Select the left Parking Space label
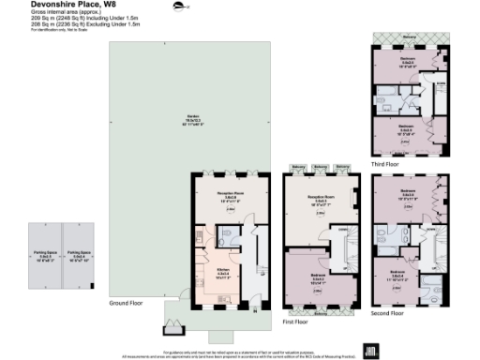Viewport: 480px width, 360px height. point(44,252)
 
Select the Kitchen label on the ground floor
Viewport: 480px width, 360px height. point(211,272)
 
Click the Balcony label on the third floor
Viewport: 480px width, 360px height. point(409,37)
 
